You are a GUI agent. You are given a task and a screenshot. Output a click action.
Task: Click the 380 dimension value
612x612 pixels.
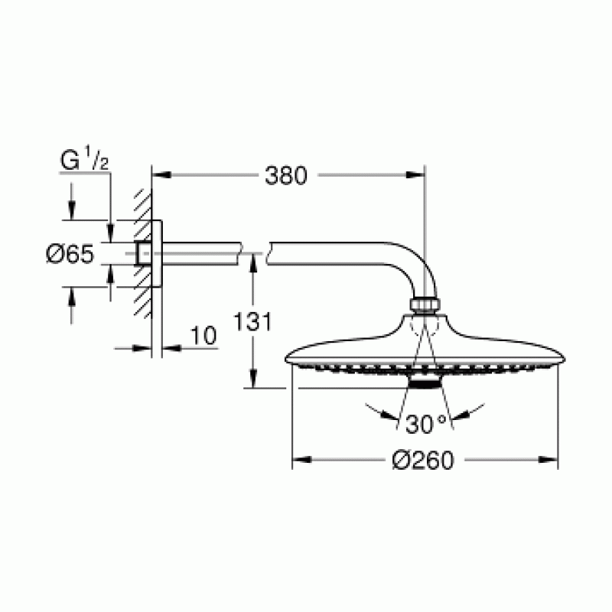point(285,175)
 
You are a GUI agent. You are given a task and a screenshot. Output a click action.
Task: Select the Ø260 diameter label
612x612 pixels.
point(423,461)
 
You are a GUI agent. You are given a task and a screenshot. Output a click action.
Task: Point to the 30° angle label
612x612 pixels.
point(425,423)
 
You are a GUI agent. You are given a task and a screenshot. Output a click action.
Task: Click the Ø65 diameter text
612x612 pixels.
point(70,254)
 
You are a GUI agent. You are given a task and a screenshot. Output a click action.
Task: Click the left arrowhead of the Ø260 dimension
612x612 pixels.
point(299,461)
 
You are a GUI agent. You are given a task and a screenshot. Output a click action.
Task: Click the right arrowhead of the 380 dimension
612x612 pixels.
point(418,175)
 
